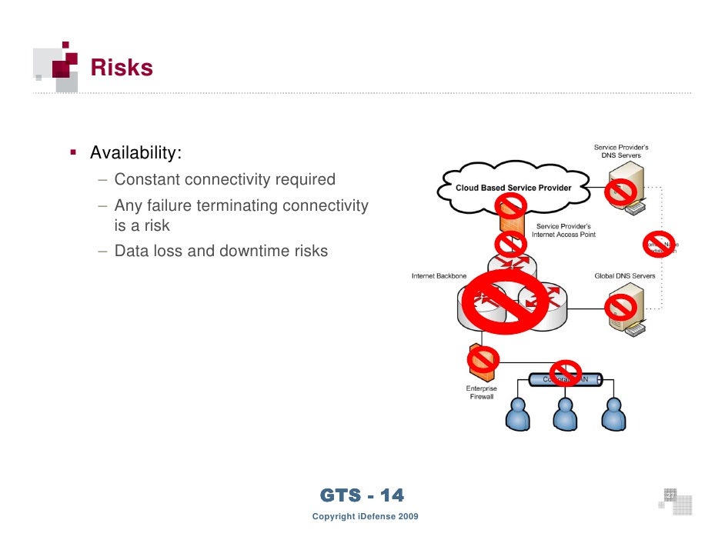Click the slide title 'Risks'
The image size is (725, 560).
pyautogui.click(x=122, y=68)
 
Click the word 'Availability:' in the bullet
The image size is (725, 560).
pyautogui.click(x=135, y=153)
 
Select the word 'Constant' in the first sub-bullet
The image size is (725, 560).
pyautogui.click(x=147, y=180)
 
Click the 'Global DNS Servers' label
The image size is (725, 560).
pyautogui.click(x=625, y=275)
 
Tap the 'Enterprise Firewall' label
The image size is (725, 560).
pyautogui.click(x=482, y=393)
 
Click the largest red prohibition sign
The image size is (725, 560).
pyautogui.click(x=505, y=301)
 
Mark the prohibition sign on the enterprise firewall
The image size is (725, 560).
pyautogui.click(x=483, y=358)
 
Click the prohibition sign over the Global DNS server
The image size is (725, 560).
pyautogui.click(x=620, y=308)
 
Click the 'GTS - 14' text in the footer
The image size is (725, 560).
pyautogui.click(x=361, y=496)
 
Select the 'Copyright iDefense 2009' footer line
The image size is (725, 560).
pyautogui.click(x=365, y=516)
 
